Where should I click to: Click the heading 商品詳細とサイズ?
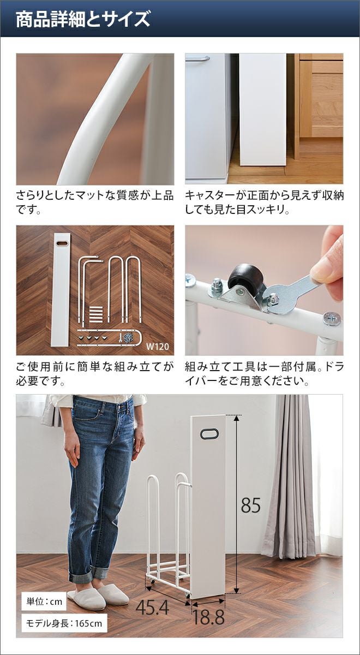click(83, 19)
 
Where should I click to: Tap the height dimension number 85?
click(251, 505)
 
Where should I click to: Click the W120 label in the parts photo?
click(158, 347)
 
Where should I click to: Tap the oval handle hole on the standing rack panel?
click(208, 433)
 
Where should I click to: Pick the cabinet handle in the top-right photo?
click(197, 59)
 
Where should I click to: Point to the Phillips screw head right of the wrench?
click(332, 319)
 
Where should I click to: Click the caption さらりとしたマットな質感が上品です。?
click(95, 203)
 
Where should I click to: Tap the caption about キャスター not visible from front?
click(264, 203)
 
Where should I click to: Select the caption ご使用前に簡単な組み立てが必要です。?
click(95, 374)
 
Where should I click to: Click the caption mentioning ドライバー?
click(264, 374)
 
